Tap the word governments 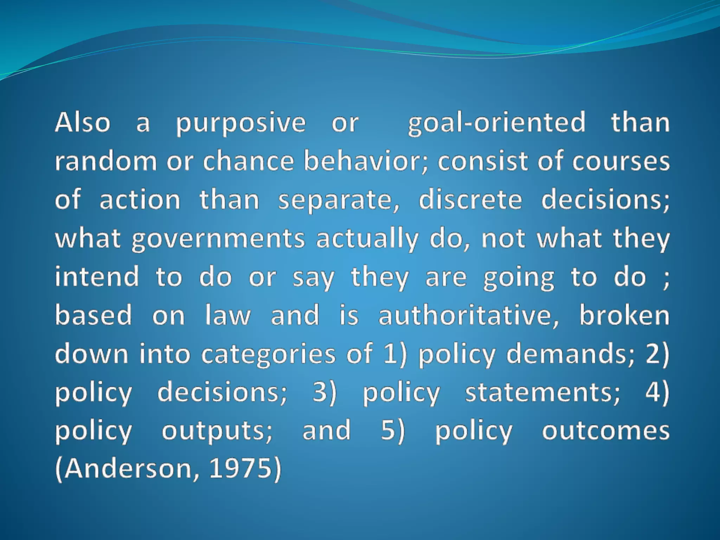(x=218, y=239)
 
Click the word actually (x=367, y=239)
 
